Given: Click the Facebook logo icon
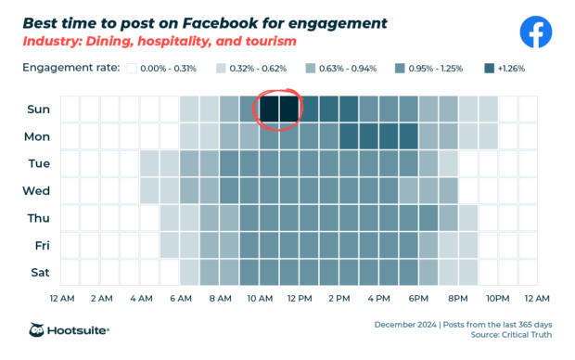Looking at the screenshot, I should click(535, 32).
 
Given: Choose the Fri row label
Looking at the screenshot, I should click(38, 246).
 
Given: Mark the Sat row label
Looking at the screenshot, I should click(37, 274).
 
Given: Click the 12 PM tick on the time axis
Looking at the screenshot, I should click(300, 299).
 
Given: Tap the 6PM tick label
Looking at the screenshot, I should click(418, 299).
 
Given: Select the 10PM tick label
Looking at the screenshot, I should click(498, 299).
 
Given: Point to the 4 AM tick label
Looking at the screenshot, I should click(141, 299).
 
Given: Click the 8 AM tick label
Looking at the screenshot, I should click(221, 299).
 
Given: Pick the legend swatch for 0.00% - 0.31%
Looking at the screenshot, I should click(133, 69).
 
